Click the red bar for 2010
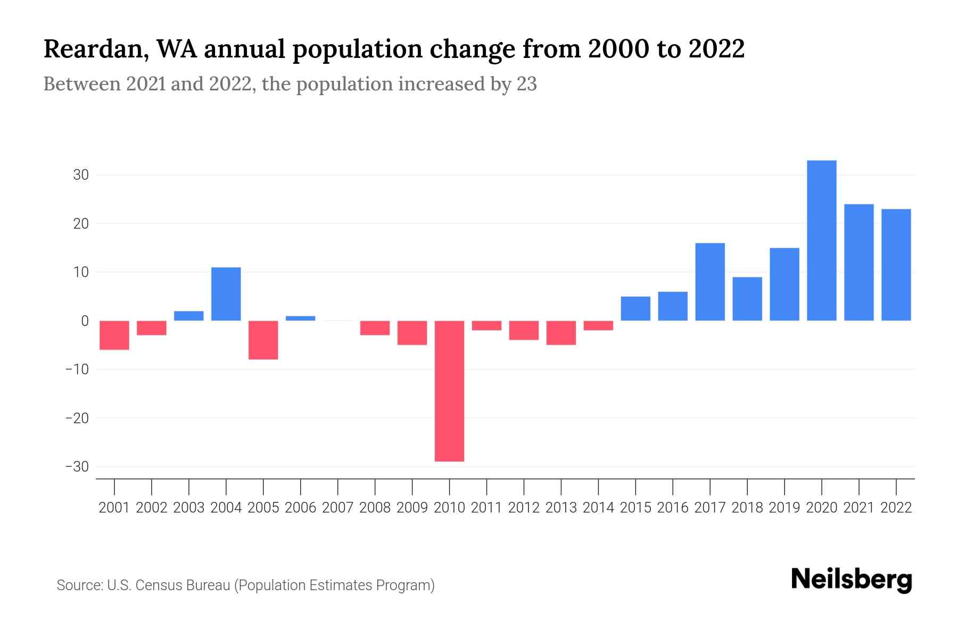click(449, 391)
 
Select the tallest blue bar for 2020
click(821, 240)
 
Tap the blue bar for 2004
click(226, 293)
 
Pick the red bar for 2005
click(263, 340)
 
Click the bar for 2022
click(896, 265)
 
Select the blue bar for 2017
click(709, 282)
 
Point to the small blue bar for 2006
click(300, 318)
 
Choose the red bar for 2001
click(114, 335)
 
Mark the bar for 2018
click(747, 299)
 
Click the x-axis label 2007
click(337, 508)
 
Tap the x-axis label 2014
click(598, 508)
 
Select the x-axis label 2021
click(858, 508)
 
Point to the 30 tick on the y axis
click(81, 175)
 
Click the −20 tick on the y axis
click(77, 418)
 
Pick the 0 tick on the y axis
click(85, 321)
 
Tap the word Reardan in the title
click(91, 49)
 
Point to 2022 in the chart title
click(716, 49)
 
